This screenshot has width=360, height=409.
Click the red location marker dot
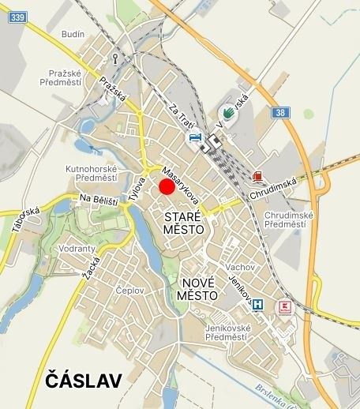[x=167, y=186]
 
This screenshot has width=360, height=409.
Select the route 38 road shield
[x=282, y=113]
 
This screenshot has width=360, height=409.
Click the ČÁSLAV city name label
[x=84, y=380]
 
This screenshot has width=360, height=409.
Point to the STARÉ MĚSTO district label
[x=184, y=222]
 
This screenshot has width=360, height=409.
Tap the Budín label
[x=73, y=35]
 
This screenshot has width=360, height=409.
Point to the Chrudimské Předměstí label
[x=288, y=220]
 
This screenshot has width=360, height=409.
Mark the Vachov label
[x=238, y=267]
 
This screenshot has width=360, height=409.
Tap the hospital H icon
[x=257, y=305]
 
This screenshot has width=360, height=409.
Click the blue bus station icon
[x=194, y=137]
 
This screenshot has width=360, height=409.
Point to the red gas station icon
[x=258, y=175]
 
